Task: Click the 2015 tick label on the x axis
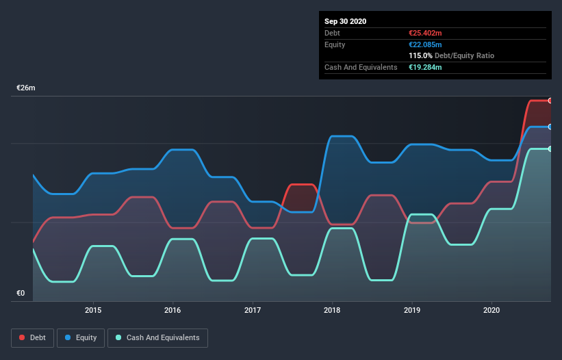[x=93, y=310]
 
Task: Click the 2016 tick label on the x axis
[x=173, y=310]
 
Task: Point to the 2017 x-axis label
[x=253, y=310]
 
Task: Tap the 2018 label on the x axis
[x=333, y=310]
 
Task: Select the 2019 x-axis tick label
[x=412, y=310]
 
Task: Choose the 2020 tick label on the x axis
[x=491, y=310]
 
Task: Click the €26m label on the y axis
[x=26, y=88]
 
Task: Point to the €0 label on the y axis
[x=21, y=294]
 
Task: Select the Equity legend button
[x=81, y=337]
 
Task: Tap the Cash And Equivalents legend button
[x=157, y=337]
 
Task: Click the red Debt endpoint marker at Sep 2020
[x=550, y=101]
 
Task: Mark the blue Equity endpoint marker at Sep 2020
[x=550, y=127]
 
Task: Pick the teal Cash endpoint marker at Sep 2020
[x=550, y=149]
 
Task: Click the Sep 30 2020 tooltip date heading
[x=345, y=21]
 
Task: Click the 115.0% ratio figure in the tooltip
[x=420, y=55]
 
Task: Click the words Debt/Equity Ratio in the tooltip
[x=464, y=55]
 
